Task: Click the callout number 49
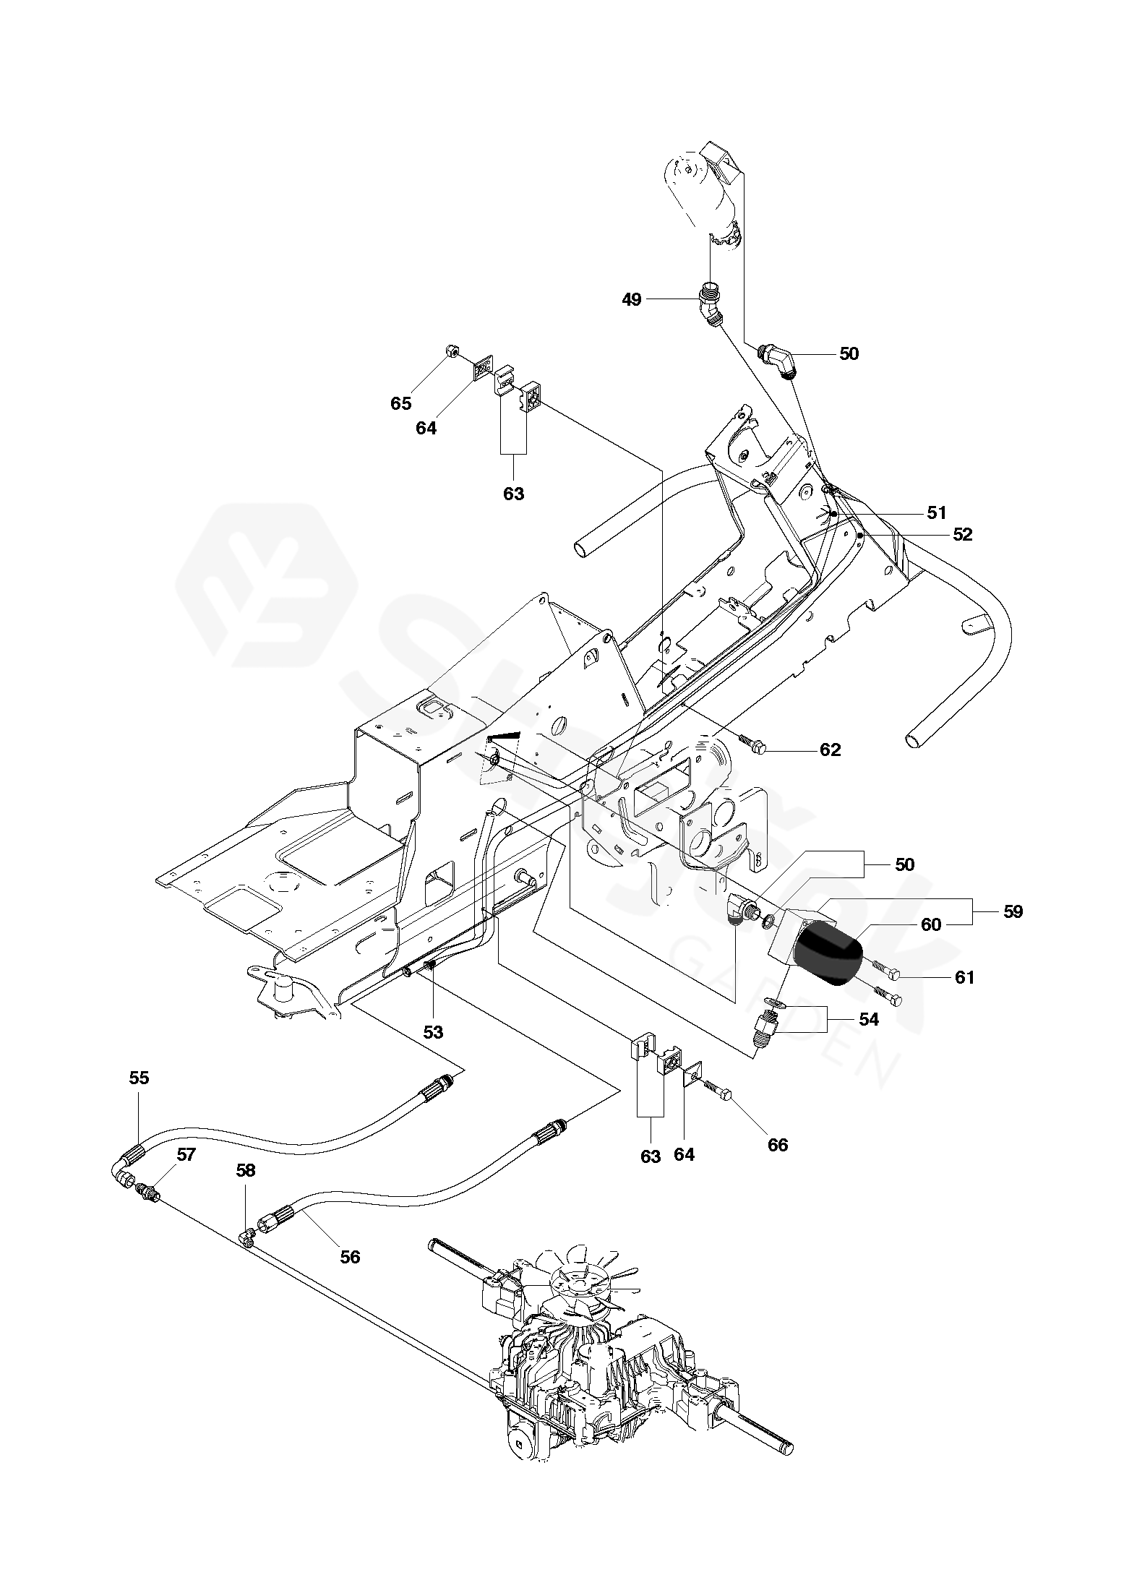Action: [x=631, y=299]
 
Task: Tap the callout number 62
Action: [x=830, y=750]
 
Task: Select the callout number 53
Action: [x=432, y=1032]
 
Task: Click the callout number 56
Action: [x=350, y=1257]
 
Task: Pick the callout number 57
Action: [x=186, y=1155]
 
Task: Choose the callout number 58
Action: [x=246, y=1170]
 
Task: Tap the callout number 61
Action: [x=964, y=978]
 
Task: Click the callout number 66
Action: [x=778, y=1145]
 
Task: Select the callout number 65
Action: [x=400, y=403]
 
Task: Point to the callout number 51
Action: [x=936, y=513]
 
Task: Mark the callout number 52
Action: [x=962, y=535]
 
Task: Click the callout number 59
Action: [x=1013, y=912]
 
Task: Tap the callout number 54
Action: [x=868, y=1019]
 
